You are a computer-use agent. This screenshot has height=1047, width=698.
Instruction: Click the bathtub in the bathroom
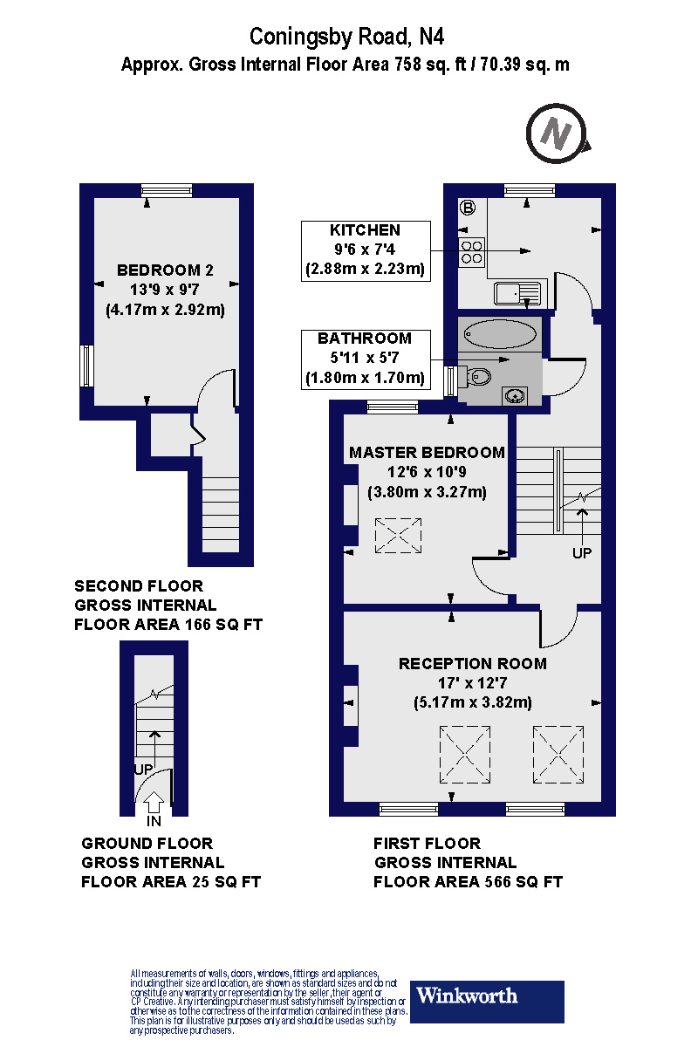(500, 334)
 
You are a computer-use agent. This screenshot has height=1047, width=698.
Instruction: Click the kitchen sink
(517, 293)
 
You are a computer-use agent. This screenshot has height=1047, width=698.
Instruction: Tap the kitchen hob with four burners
(472, 251)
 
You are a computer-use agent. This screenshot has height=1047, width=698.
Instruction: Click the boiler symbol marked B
(468, 208)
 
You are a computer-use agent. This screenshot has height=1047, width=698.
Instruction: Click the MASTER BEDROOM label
(427, 453)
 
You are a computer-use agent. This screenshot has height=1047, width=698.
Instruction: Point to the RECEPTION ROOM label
(472, 664)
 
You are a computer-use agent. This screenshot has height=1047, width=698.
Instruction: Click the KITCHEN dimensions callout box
(366, 250)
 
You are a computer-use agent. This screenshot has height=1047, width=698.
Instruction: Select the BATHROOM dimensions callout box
(365, 359)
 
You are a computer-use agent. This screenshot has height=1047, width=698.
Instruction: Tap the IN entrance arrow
(154, 802)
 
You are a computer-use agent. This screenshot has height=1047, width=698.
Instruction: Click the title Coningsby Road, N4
(352, 37)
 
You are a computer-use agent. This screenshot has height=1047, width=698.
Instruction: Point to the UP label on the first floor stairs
(581, 553)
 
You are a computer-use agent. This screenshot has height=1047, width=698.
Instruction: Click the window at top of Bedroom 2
(167, 189)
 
